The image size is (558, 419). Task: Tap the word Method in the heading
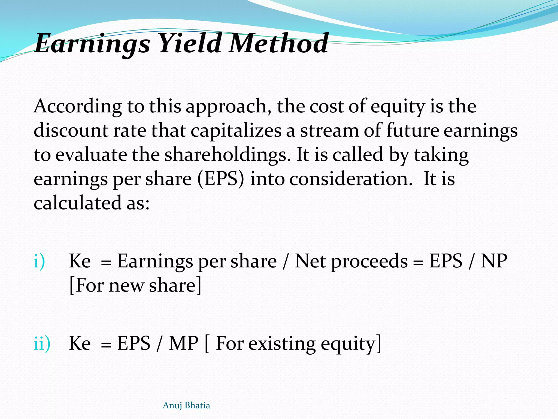(278, 43)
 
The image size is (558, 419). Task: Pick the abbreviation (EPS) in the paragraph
(221, 179)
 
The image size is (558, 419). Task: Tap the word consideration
(351, 179)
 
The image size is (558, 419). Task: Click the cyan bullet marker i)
(39, 261)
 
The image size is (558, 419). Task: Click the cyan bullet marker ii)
(42, 343)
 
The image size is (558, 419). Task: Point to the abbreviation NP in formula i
(494, 261)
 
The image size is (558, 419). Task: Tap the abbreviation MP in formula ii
(183, 343)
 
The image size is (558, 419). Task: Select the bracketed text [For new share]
(135, 285)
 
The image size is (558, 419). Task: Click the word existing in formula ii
(282, 344)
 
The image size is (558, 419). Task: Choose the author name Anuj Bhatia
(186, 405)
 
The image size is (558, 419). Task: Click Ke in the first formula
(80, 261)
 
